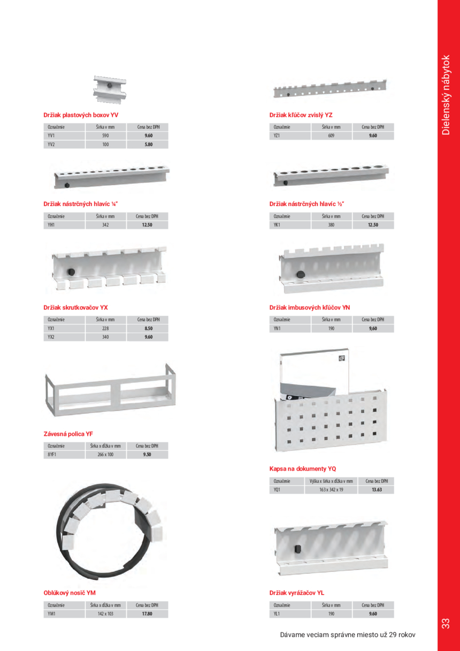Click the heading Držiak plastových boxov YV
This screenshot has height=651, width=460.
(x=81, y=115)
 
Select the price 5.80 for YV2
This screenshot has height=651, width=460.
(x=149, y=145)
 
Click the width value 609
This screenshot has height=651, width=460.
(x=331, y=136)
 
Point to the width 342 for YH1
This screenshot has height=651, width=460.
(x=105, y=225)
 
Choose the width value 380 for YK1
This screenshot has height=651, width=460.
(x=331, y=225)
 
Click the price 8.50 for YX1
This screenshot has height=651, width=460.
(x=149, y=328)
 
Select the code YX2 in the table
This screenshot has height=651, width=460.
(x=51, y=337)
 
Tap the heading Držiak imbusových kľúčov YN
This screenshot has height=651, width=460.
(x=309, y=308)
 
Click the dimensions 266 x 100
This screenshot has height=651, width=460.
(x=105, y=455)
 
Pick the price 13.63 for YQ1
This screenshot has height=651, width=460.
(x=377, y=490)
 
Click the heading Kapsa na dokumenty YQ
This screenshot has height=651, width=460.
(x=302, y=468)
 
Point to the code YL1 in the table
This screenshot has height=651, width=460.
(x=277, y=614)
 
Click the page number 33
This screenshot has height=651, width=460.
(x=446, y=624)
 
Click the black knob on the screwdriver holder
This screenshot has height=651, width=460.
(x=70, y=272)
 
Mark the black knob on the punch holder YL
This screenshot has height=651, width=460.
(x=297, y=549)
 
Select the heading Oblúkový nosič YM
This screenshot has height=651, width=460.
(x=70, y=593)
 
